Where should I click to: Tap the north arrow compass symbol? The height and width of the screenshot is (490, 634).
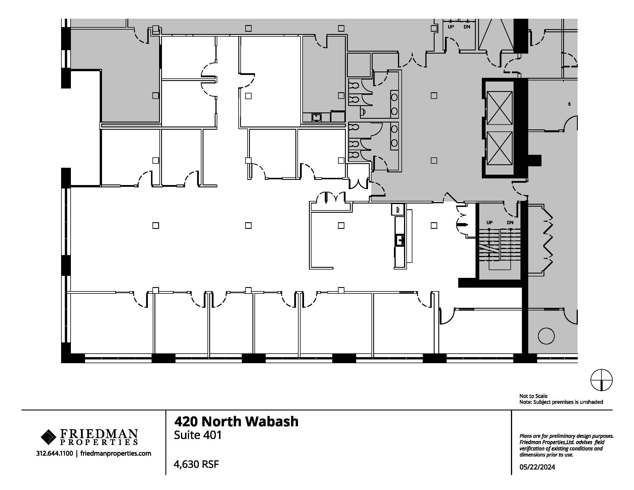click(x=601, y=380)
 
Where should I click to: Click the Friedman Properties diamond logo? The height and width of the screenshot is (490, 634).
click(x=48, y=437)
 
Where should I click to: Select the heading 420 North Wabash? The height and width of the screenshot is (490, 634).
click(x=236, y=421)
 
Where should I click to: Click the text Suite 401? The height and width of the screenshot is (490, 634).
click(x=198, y=435)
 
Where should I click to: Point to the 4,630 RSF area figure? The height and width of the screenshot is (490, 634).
click(x=196, y=464)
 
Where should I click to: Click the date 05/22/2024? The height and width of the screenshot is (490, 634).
click(x=537, y=467)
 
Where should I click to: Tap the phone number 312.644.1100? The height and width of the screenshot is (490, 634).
click(x=54, y=453)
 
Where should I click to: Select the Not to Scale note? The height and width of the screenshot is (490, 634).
click(x=533, y=396)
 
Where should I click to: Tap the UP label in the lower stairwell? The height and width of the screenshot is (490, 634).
click(x=489, y=223)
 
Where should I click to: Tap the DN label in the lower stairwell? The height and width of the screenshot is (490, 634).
click(x=510, y=223)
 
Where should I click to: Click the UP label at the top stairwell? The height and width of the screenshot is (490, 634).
click(x=451, y=27)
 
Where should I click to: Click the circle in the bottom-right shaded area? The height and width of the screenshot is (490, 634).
click(x=546, y=336)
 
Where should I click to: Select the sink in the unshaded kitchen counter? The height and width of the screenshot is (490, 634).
click(x=400, y=240)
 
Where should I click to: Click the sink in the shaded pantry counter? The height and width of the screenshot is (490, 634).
click(x=316, y=118)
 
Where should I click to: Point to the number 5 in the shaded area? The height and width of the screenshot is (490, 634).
click(x=569, y=104)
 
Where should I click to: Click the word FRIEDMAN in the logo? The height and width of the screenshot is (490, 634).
click(x=99, y=434)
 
